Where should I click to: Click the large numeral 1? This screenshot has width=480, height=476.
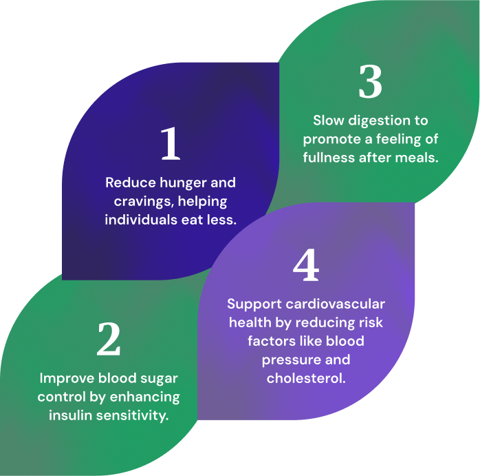coord(170,143)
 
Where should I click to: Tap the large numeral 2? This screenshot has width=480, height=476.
coord(109,339)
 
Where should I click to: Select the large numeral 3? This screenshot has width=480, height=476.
coord(370,83)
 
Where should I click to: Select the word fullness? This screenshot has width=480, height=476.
coord(332,157)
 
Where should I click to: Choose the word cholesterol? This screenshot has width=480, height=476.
coord(306,378)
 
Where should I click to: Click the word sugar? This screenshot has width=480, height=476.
coord(157,378)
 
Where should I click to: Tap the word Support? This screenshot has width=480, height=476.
coord(254,304)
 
